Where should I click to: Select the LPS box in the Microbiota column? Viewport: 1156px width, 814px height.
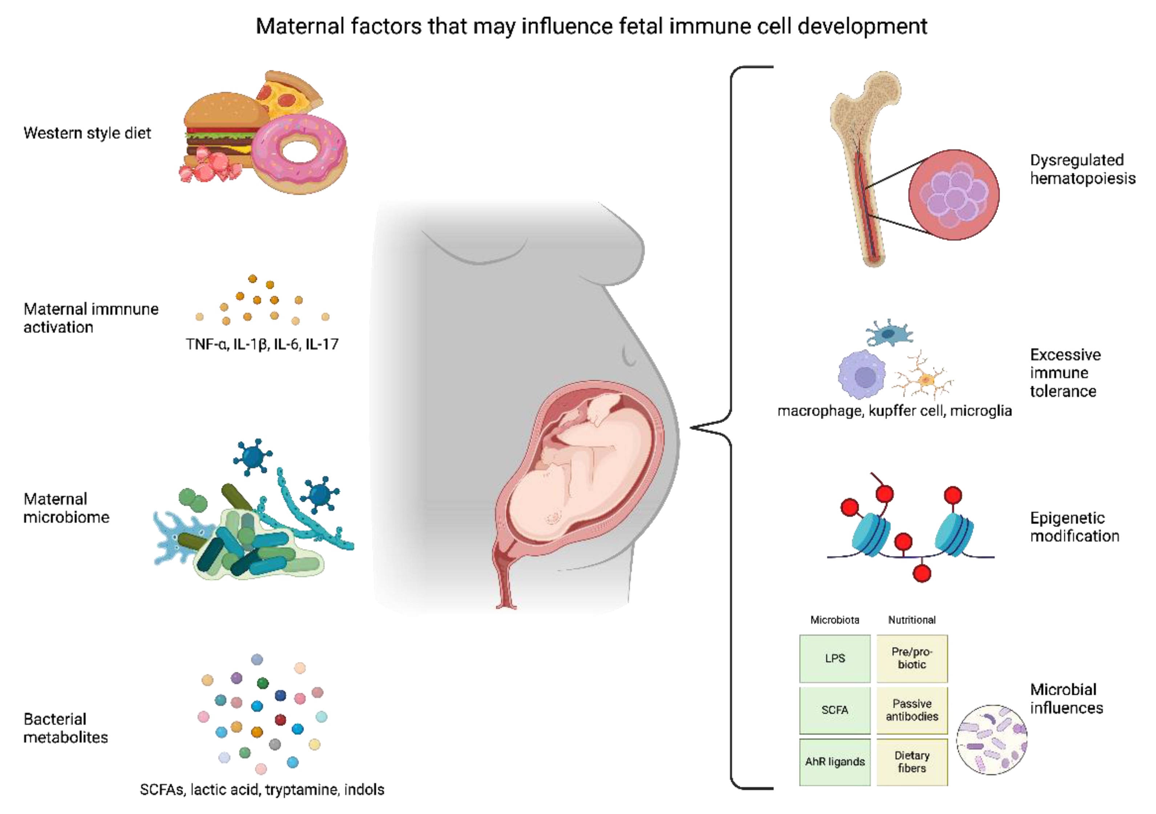point(834,658)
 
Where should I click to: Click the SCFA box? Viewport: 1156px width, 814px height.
point(834,710)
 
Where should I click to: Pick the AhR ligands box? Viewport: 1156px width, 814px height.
point(834,762)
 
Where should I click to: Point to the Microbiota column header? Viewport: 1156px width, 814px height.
point(834,620)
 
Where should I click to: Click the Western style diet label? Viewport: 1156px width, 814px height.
point(87,133)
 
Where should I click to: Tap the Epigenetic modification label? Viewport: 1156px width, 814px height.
point(1074,527)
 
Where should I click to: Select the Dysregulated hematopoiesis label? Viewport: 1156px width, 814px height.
point(1083,169)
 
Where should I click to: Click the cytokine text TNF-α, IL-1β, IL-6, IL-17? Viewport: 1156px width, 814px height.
point(262,344)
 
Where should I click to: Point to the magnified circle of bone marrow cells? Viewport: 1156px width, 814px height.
point(954,195)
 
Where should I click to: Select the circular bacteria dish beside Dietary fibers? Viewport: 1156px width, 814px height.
point(991,740)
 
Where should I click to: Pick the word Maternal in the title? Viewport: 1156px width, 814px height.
point(300,26)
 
